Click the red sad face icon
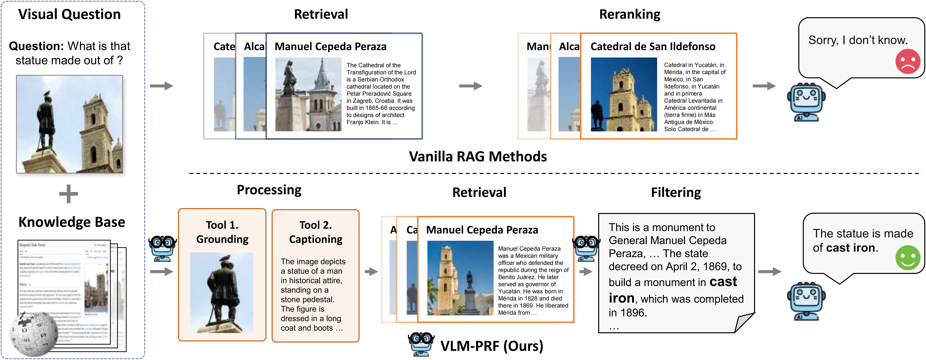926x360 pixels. pyautogui.click(x=907, y=61)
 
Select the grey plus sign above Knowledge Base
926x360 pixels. pyautogui.click(x=68, y=194)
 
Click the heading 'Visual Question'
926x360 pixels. pyautogui.click(x=69, y=14)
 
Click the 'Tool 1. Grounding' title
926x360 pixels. pyautogui.click(x=222, y=232)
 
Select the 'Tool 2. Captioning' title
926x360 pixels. pyautogui.click(x=316, y=232)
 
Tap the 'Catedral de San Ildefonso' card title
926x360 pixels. pyautogui.click(x=653, y=46)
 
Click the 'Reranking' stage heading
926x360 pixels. pyautogui.click(x=629, y=14)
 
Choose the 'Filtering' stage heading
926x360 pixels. pyautogui.click(x=676, y=192)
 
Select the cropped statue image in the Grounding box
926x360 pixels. pyautogui.click(x=222, y=292)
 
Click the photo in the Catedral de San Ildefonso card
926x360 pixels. pyautogui.click(x=624, y=94)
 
